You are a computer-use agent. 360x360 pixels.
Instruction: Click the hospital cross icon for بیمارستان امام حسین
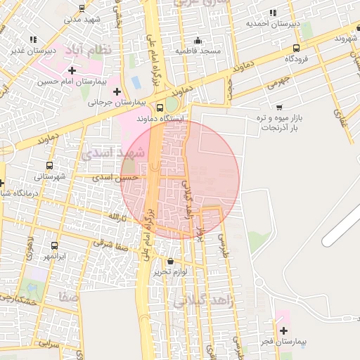(72, 70)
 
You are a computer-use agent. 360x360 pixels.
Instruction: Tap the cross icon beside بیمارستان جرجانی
(117, 91)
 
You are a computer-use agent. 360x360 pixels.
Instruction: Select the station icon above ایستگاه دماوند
(160, 108)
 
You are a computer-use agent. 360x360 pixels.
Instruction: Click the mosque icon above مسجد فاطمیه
(198, 40)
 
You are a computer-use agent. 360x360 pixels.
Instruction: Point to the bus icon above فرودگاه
(296, 49)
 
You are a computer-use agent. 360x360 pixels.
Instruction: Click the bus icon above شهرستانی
(48, 166)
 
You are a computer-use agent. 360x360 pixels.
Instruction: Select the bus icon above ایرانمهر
(55, 245)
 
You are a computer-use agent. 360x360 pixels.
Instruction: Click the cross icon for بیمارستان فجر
(283, 330)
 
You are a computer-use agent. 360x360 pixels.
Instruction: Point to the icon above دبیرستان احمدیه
(273, 12)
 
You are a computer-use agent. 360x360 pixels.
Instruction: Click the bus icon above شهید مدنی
(83, 8)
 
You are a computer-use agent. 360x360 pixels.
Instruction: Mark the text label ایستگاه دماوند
(162, 120)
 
